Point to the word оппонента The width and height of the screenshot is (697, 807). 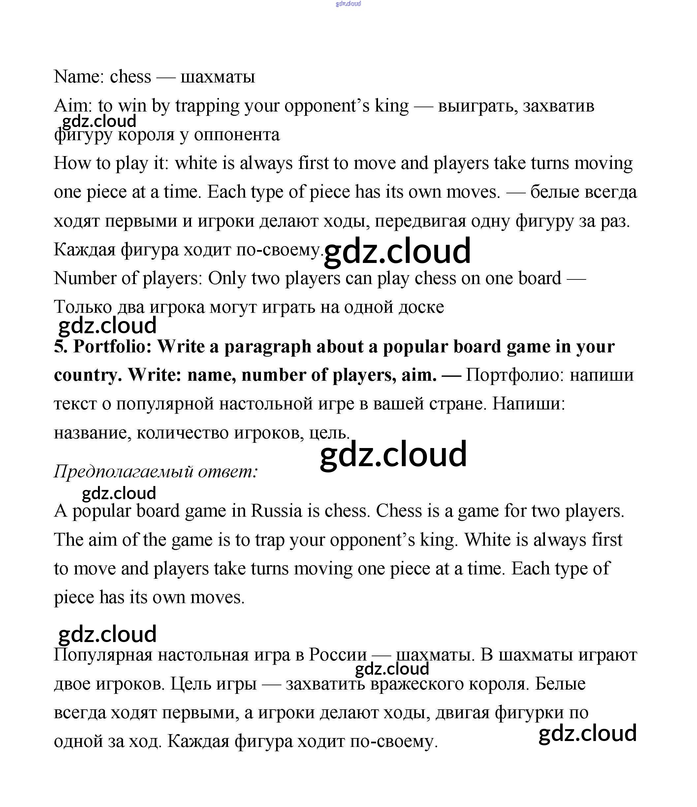pos(237,135)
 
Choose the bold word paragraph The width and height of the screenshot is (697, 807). pos(268,346)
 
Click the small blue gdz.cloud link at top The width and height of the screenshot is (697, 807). pos(348,4)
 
